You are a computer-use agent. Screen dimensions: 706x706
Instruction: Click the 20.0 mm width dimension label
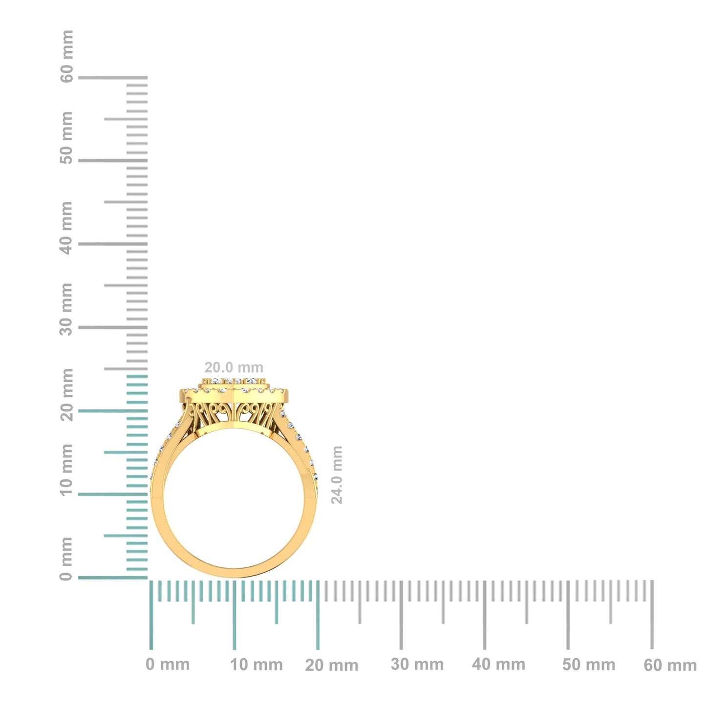tap(234, 367)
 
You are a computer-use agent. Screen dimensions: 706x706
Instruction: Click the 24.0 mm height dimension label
tap(337, 474)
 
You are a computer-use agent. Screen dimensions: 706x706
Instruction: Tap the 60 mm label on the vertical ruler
tap(67, 56)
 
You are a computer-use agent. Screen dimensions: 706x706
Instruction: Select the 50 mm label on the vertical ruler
tap(67, 138)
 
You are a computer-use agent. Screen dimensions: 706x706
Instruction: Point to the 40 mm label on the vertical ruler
tap(67, 228)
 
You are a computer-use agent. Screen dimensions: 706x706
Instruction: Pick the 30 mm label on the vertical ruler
tap(67, 309)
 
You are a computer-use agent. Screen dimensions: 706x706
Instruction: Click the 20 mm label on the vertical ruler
tap(67, 395)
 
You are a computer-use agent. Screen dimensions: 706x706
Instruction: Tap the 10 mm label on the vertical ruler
tap(67, 470)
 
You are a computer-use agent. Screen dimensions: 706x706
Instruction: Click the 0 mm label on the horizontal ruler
tap(168, 664)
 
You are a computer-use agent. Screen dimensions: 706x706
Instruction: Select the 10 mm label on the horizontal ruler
tap(257, 665)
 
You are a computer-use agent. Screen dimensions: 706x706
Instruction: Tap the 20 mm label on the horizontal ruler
tap(332, 665)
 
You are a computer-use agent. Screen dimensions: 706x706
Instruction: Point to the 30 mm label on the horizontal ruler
tap(417, 664)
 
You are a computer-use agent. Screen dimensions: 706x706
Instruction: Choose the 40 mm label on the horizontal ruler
tap(499, 664)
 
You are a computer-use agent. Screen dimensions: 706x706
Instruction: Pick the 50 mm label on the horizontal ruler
tap(588, 665)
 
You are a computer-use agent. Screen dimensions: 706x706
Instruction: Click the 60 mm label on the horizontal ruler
tap(670, 665)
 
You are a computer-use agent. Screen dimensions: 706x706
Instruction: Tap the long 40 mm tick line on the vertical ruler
tap(112, 244)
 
